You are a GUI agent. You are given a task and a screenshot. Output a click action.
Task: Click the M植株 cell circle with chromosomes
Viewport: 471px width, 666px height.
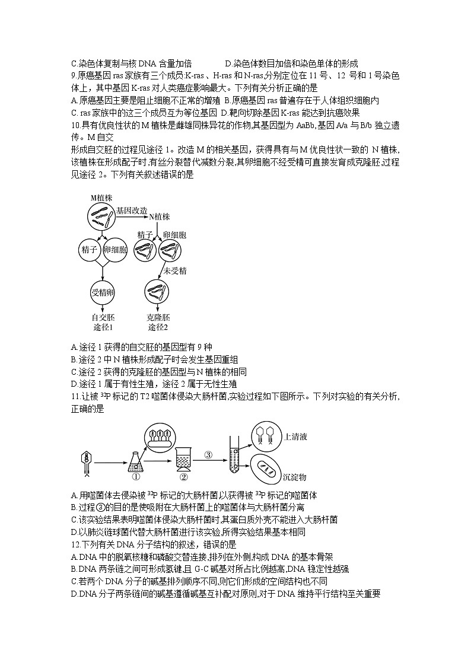click(101, 217)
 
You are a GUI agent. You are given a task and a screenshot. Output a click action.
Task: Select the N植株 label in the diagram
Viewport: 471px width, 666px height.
click(160, 217)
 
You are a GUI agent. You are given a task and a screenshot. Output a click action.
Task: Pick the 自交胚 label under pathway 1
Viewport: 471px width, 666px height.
click(103, 317)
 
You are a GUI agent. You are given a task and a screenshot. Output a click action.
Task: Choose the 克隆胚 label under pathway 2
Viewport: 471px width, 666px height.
click(157, 317)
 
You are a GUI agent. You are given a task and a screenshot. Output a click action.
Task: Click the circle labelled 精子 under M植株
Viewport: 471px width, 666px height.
click(90, 250)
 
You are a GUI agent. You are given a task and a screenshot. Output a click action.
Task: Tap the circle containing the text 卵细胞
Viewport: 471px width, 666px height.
click(116, 250)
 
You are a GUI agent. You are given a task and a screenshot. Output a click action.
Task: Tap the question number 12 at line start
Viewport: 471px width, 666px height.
click(74, 544)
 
